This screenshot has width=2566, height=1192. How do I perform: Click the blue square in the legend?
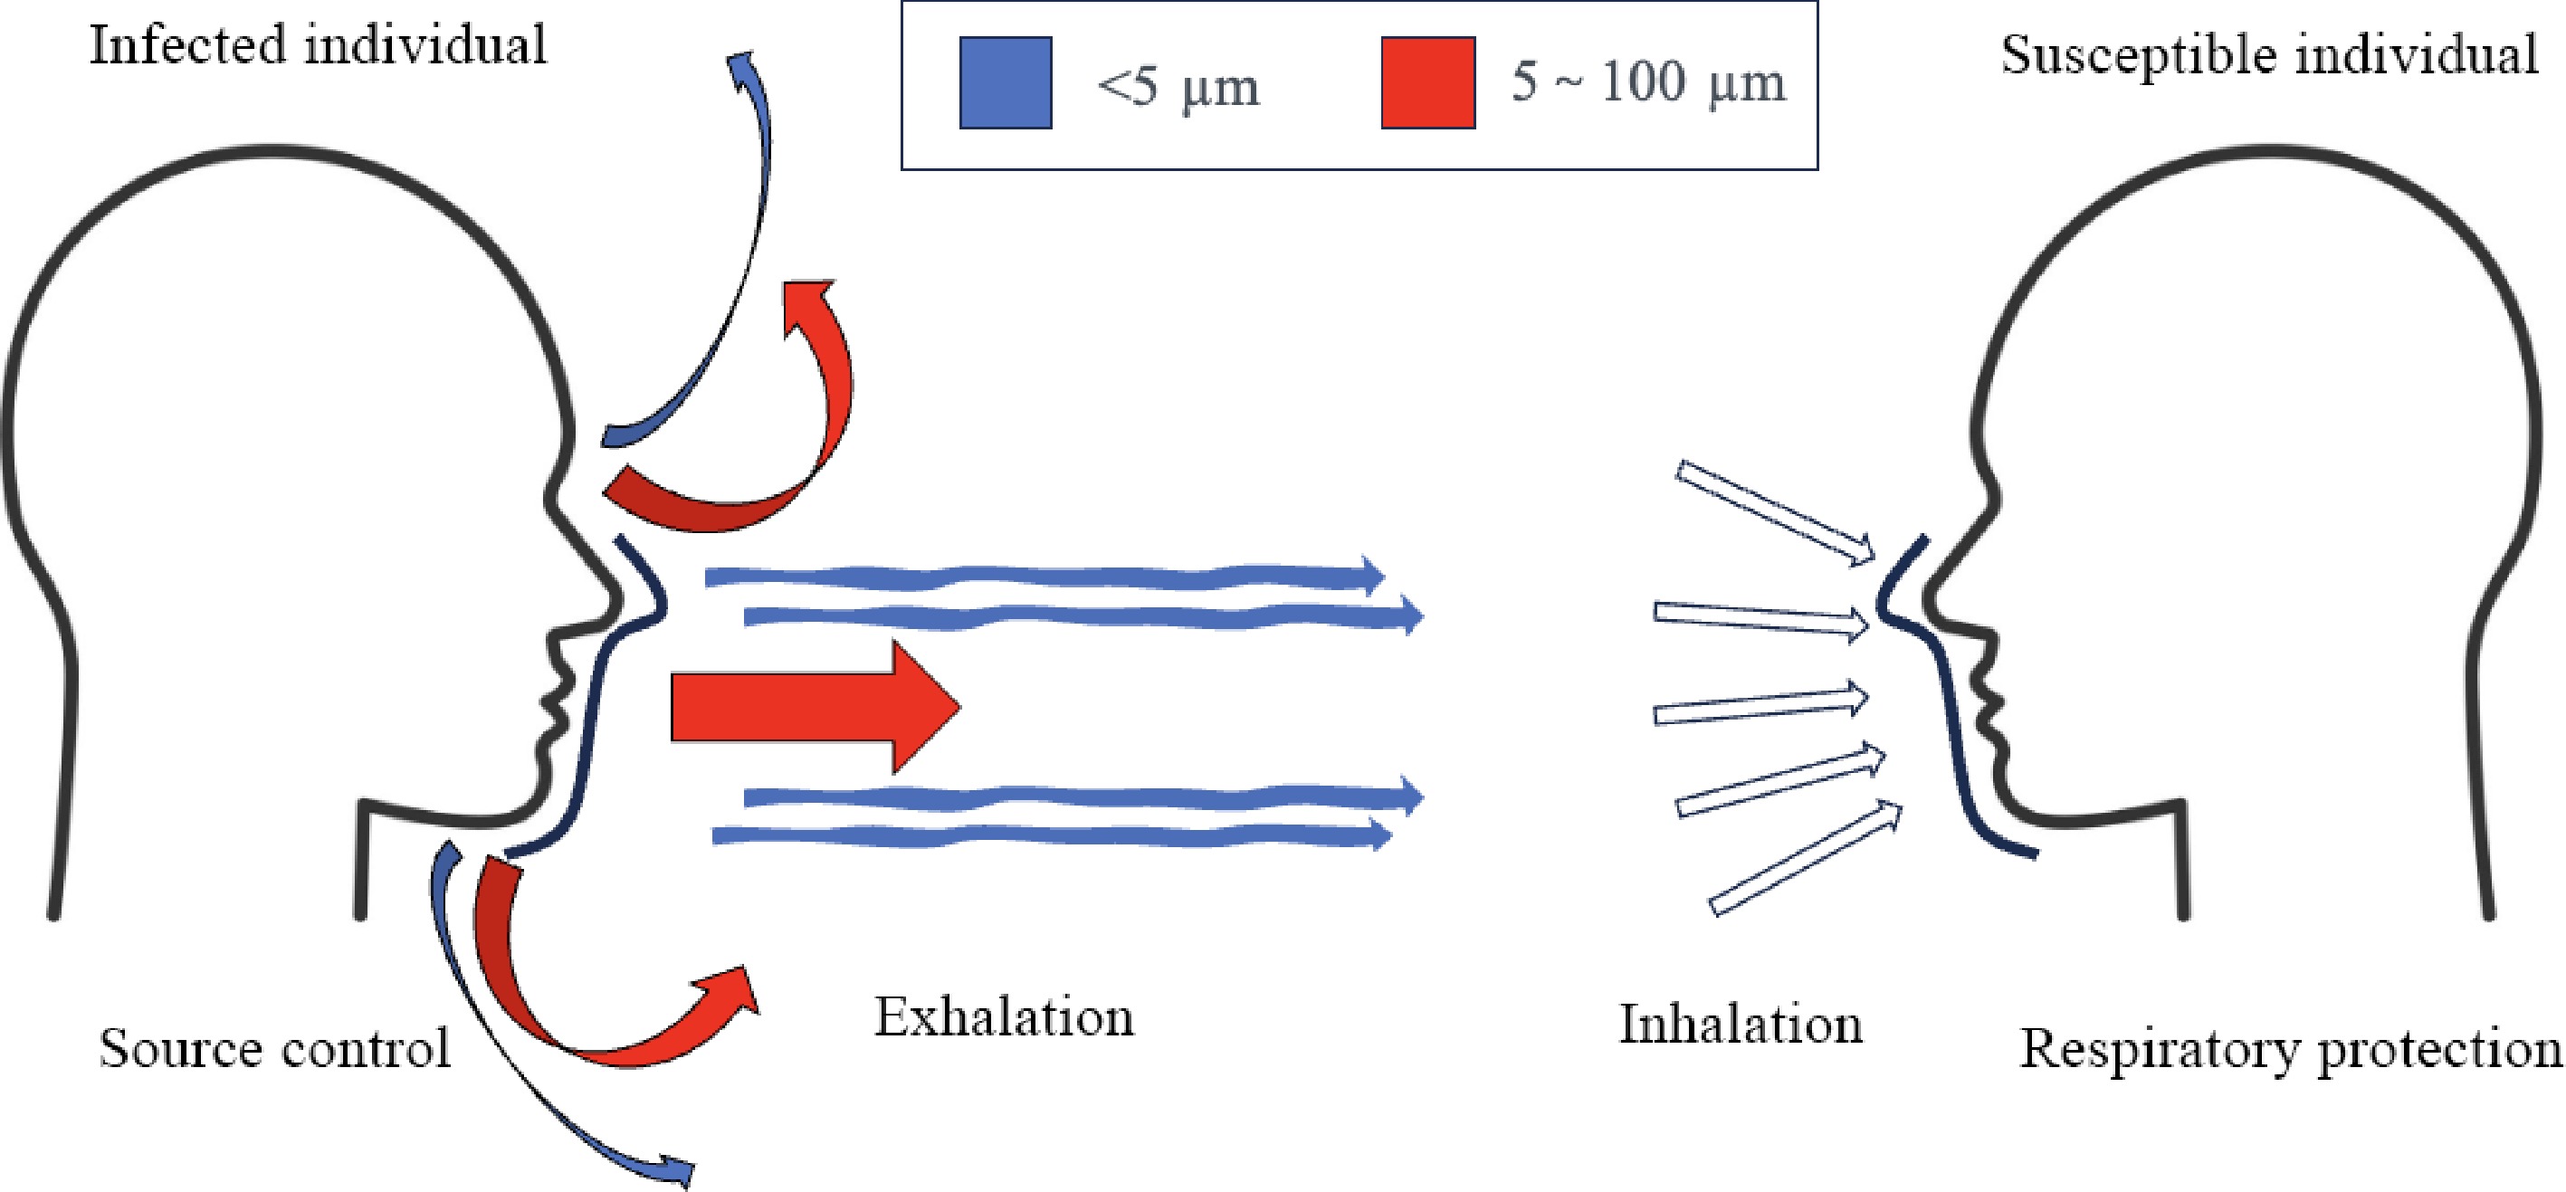click(x=1005, y=82)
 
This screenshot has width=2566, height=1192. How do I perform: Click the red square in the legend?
click(x=1427, y=82)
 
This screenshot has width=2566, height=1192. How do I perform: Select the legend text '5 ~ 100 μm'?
click(x=1647, y=81)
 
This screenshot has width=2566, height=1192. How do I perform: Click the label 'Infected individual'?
click(x=318, y=46)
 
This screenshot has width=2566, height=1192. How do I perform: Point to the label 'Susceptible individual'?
click(x=2269, y=55)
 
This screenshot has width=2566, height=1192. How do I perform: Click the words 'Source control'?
click(x=274, y=1049)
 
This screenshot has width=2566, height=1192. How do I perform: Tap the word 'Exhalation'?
click(x=1004, y=1017)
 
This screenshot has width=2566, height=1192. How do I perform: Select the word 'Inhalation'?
click(x=1741, y=1025)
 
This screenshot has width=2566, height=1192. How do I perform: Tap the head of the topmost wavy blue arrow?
click(x=1373, y=577)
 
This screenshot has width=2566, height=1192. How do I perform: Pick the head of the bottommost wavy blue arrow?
click(x=1379, y=834)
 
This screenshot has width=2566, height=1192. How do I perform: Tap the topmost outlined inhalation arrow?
click(x=1773, y=513)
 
